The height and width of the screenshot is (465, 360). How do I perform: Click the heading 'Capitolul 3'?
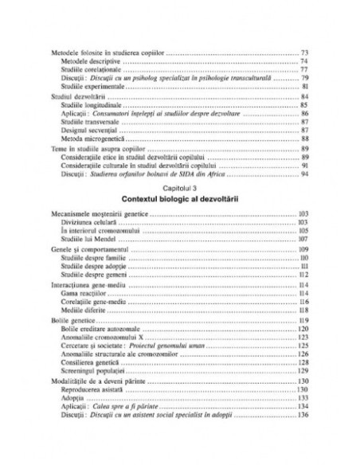pyautogui.click(x=179, y=184)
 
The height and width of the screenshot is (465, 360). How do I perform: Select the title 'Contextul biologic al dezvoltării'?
pyautogui.click(x=179, y=195)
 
